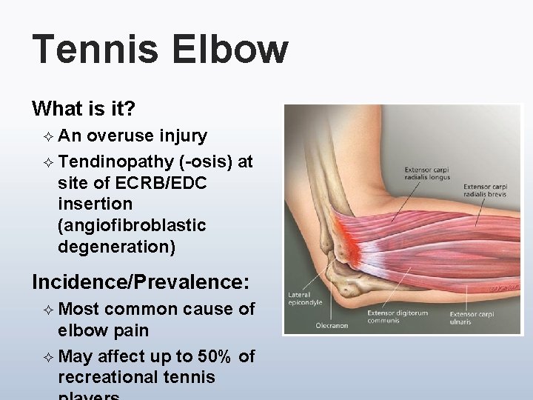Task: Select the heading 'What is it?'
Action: pos(84,109)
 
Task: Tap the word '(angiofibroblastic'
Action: pos(132,224)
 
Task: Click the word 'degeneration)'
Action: pos(117,247)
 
